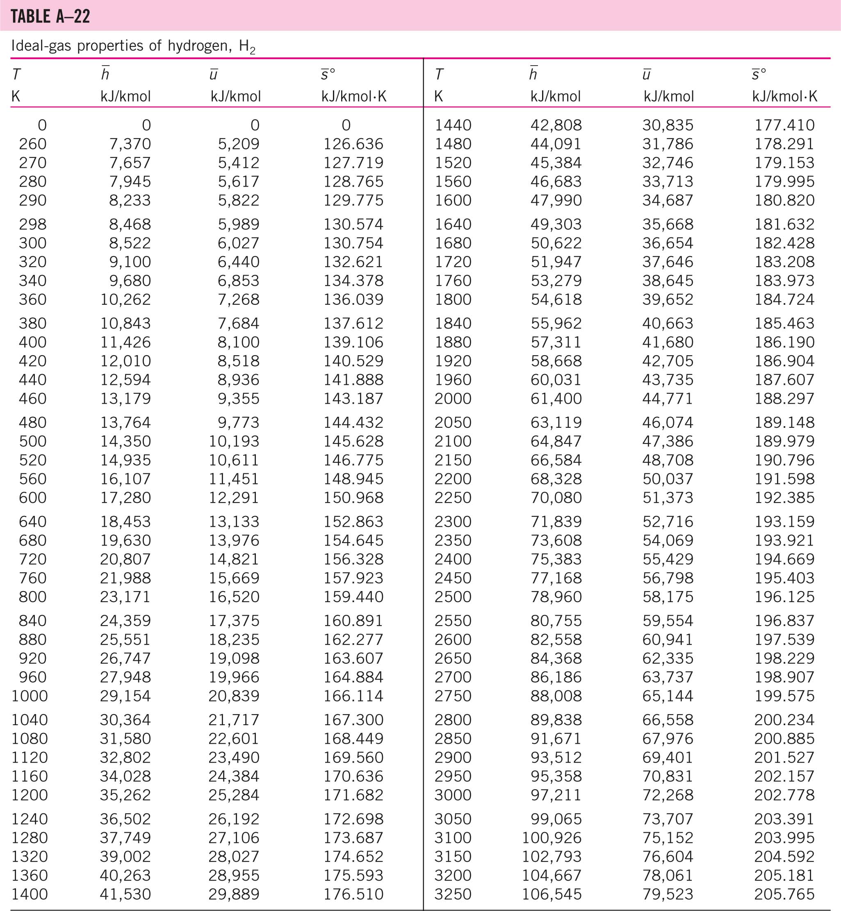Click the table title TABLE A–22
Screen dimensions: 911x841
click(x=50, y=16)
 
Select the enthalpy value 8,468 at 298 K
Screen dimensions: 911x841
click(x=130, y=224)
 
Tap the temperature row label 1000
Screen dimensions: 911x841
click(x=29, y=696)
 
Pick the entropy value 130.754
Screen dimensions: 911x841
click(x=353, y=243)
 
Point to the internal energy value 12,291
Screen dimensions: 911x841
click(x=234, y=497)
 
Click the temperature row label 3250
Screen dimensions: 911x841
click(x=453, y=894)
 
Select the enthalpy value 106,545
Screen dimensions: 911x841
click(x=552, y=894)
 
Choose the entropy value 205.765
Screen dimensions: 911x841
click(x=784, y=894)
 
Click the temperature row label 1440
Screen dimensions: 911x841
click(x=453, y=125)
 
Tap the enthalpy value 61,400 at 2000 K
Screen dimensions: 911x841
click(x=556, y=398)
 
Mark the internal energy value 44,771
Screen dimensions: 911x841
click(x=668, y=398)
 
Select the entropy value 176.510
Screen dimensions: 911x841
click(x=353, y=894)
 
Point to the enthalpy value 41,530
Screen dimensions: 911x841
click(x=125, y=894)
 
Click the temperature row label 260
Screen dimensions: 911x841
click(x=32, y=144)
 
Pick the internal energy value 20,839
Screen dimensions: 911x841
click(x=234, y=696)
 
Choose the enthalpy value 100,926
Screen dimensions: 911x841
click(x=552, y=837)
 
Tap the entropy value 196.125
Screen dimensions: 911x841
click(x=784, y=596)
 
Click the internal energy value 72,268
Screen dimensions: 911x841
click(x=668, y=795)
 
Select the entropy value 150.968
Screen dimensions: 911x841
click(x=353, y=497)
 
